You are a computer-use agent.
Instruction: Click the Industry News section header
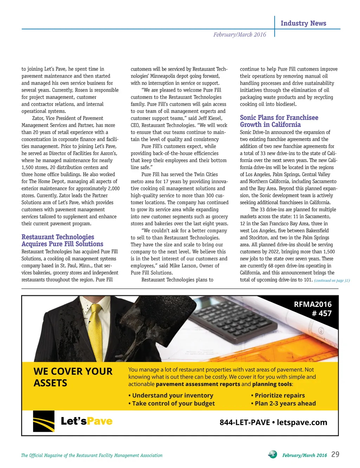point(303,23)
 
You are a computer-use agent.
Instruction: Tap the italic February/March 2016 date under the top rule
point(239,34)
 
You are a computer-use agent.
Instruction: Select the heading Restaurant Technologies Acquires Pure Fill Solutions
point(62,240)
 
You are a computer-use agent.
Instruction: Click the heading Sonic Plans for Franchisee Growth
point(279,121)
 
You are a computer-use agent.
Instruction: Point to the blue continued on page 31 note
point(332,280)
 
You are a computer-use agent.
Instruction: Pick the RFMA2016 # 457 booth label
point(313,309)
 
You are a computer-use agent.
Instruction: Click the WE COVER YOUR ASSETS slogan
point(73,377)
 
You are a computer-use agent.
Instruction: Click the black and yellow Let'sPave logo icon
point(44,421)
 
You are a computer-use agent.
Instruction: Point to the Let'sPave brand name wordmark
point(86,421)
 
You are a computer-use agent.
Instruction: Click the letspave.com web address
point(302,422)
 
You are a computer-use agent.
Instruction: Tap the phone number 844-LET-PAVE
point(244,422)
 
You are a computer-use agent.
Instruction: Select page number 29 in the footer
point(335,454)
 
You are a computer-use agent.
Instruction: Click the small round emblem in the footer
point(272,454)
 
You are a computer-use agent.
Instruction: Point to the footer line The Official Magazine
point(92,455)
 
